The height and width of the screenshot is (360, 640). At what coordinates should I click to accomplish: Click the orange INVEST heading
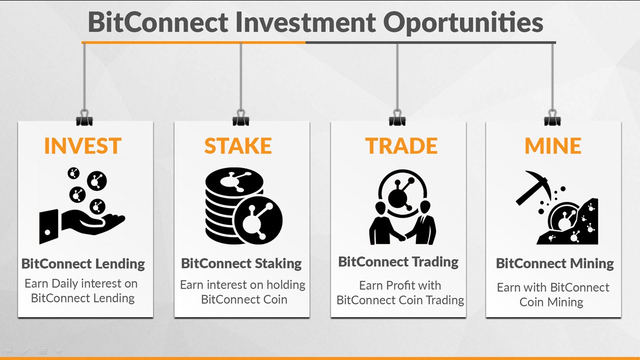coord(83,146)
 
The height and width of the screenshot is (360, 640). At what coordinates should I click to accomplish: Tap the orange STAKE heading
coord(238,146)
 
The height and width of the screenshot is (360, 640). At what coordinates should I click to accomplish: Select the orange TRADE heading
coord(401,146)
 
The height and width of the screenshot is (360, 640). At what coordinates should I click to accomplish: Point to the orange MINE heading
coord(552,146)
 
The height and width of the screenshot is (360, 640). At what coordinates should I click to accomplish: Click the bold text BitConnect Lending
coord(83,264)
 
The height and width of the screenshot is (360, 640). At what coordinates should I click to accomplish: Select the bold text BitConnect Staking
coord(241,263)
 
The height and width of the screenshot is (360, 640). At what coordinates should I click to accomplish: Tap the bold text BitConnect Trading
coord(398,262)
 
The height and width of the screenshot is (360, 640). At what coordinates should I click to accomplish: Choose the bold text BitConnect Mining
coord(554,263)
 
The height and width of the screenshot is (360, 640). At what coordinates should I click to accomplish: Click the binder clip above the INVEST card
coord(84,119)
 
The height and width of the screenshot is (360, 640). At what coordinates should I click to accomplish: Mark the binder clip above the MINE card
coord(552,119)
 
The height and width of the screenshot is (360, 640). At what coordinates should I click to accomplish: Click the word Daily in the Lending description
coord(68,284)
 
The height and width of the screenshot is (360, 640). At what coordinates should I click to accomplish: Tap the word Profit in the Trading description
coord(404,286)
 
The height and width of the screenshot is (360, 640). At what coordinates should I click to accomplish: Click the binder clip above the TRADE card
coord(397,119)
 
